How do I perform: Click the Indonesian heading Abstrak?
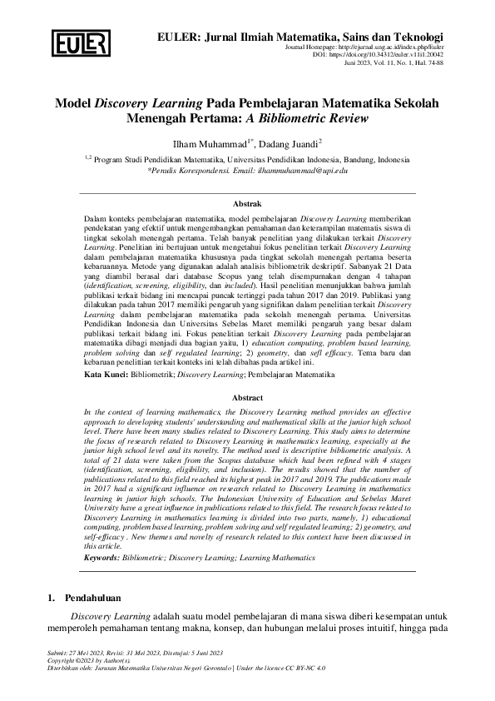(247, 203)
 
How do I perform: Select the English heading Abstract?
(247, 398)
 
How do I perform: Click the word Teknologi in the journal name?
(411, 37)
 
